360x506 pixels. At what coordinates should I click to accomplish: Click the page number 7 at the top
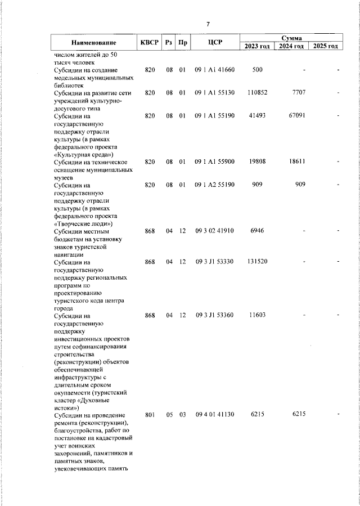pyautogui.click(x=208, y=24)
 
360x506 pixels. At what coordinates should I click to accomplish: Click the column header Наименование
pyautogui.click(x=94, y=43)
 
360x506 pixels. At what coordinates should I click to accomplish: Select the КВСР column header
pyautogui.click(x=149, y=43)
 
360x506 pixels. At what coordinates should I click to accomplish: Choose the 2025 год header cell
pyautogui.click(x=326, y=46)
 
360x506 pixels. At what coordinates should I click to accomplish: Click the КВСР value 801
pyautogui.click(x=150, y=415)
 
